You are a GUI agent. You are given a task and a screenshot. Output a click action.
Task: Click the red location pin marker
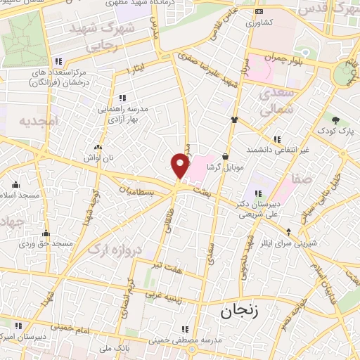[181, 166]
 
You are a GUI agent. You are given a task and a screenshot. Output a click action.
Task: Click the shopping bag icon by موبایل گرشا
[225, 157]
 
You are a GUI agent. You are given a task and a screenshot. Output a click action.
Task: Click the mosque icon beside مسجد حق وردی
[46, 233]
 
